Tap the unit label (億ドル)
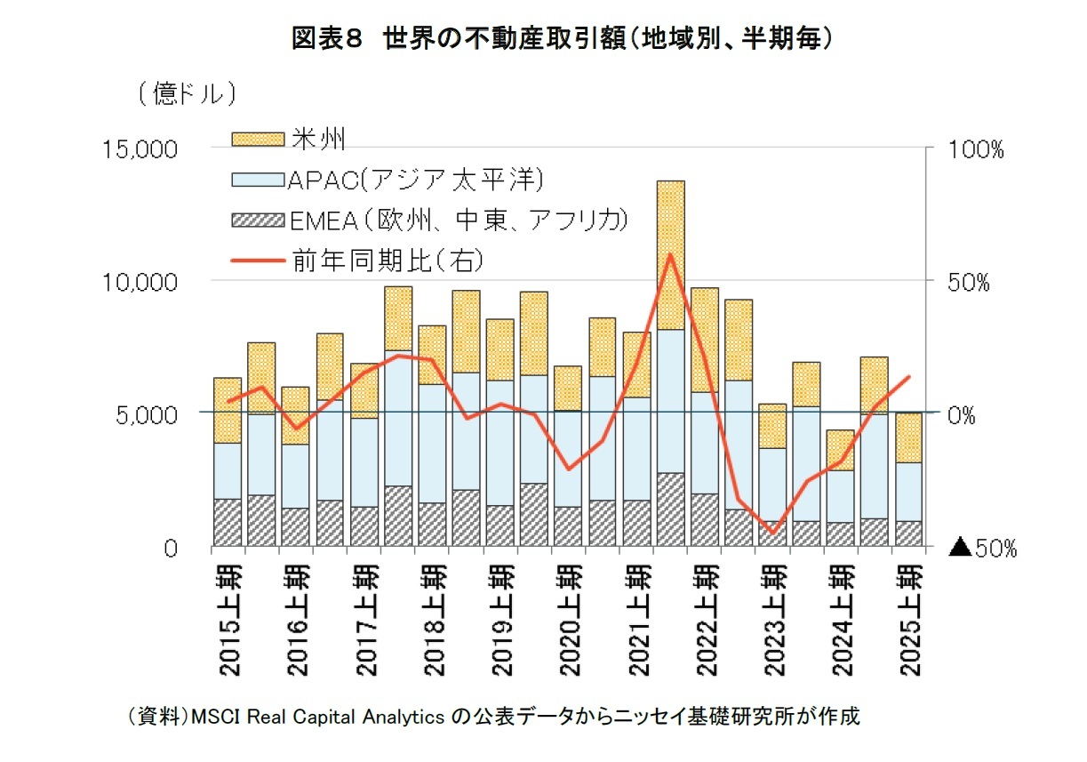pos(186,93)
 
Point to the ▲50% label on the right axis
pos(982,549)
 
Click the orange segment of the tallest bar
pos(670,253)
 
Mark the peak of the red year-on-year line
pos(670,254)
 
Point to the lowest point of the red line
pos(772,533)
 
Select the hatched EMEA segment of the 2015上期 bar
pos(228,522)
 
